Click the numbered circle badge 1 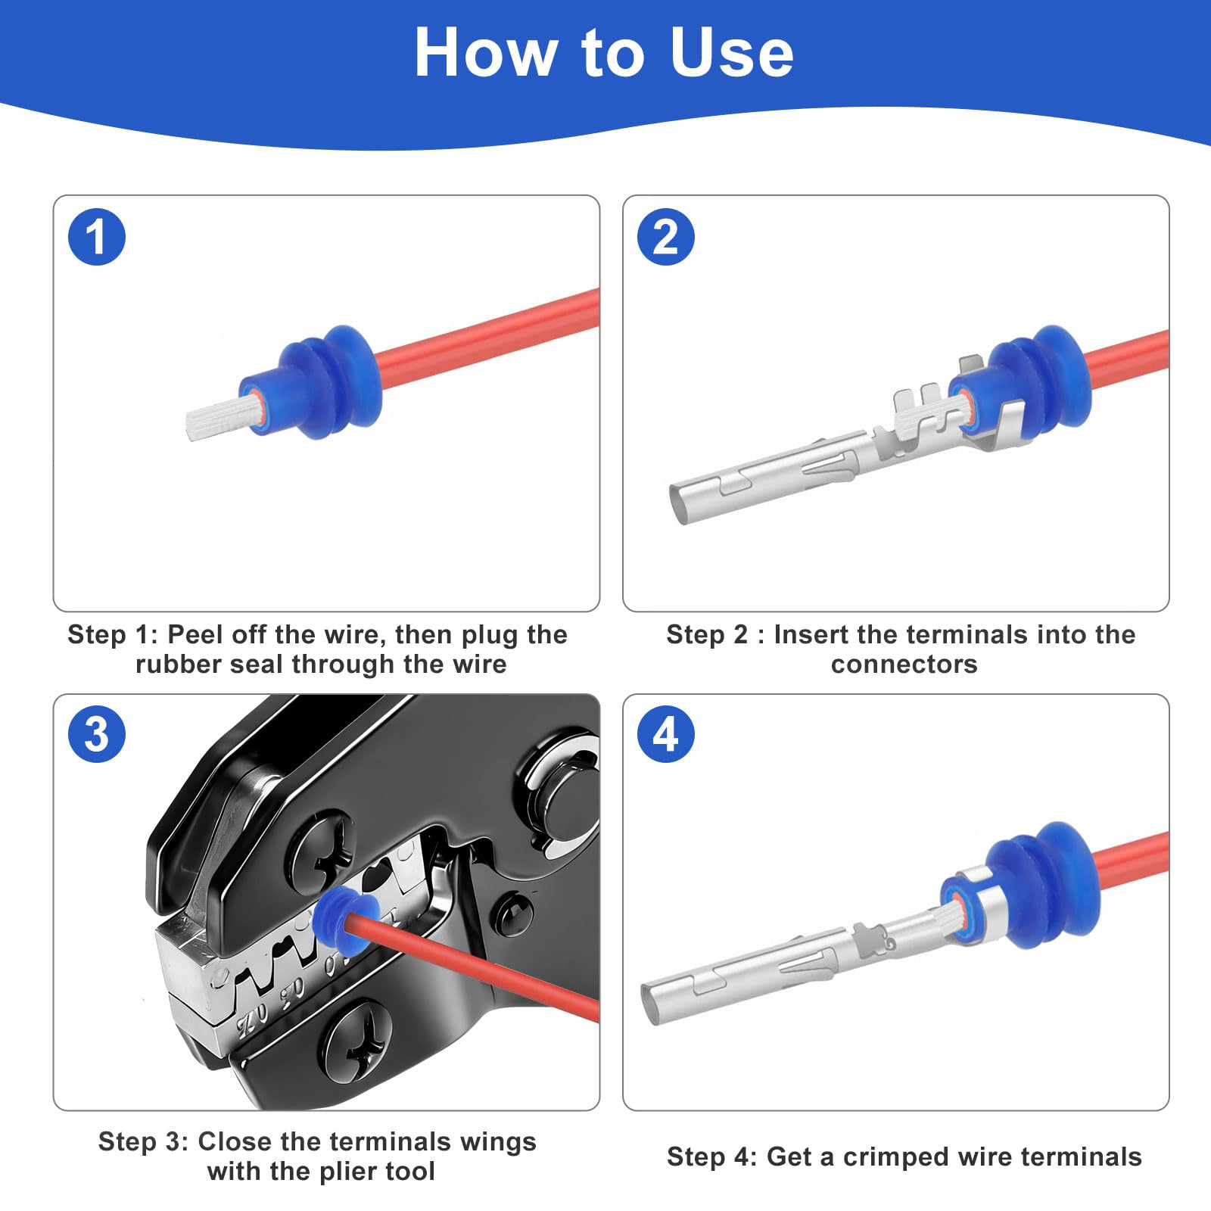coord(97,237)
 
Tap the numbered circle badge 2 coord(666,237)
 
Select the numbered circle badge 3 coord(97,734)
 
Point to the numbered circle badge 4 coord(666,734)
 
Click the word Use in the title coord(732,52)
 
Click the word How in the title coord(485,52)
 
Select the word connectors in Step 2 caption coord(904,665)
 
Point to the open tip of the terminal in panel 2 coord(679,503)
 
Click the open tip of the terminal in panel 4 coord(651,1004)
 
